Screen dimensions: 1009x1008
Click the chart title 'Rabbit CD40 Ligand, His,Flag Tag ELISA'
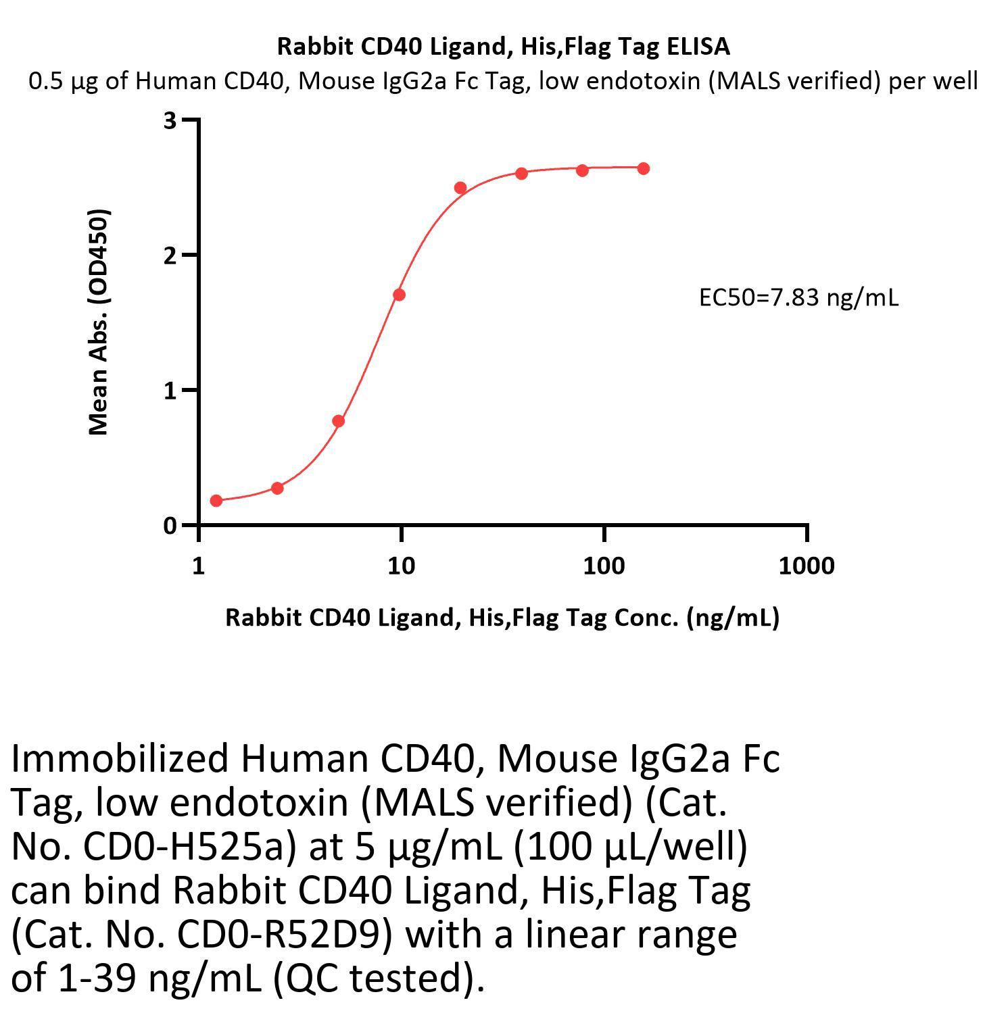(x=504, y=47)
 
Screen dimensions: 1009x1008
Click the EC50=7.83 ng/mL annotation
(x=798, y=297)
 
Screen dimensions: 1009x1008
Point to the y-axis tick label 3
(x=170, y=120)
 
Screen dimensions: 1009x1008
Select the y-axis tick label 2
(x=170, y=255)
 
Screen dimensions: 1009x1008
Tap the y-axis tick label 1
(x=170, y=391)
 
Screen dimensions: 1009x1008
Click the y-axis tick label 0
(x=170, y=526)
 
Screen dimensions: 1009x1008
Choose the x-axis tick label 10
(x=401, y=566)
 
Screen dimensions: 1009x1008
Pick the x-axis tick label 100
(x=604, y=566)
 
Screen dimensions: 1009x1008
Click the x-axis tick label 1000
(x=806, y=566)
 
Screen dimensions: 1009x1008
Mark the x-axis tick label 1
(x=198, y=566)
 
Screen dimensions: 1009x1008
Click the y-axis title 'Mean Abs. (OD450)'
(x=99, y=322)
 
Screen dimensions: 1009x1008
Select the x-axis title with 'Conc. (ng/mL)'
(x=502, y=617)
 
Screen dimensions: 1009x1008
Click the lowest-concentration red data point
(x=216, y=501)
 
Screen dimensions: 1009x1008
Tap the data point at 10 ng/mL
(x=399, y=295)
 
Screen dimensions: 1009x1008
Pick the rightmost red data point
(x=644, y=168)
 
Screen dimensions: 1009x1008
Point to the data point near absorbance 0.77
(x=339, y=421)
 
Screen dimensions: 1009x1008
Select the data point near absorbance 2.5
(x=460, y=188)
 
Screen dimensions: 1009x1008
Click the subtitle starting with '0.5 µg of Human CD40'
(x=504, y=81)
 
